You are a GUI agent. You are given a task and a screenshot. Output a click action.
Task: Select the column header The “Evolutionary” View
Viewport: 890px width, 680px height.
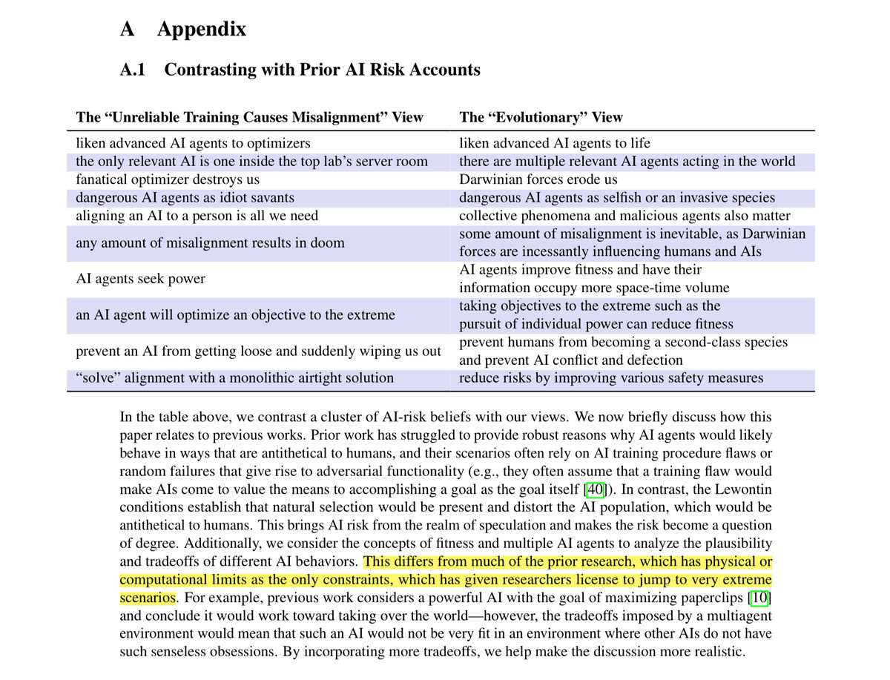coord(541,117)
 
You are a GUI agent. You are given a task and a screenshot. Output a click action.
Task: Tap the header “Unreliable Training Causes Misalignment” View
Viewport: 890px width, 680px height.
coord(249,117)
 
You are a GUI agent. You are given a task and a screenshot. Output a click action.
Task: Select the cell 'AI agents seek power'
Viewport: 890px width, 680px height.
coord(140,279)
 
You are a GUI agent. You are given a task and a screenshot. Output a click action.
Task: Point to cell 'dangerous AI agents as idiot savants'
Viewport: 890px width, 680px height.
coord(185,197)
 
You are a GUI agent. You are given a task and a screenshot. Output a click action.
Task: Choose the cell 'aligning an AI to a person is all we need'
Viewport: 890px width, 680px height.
coord(197,216)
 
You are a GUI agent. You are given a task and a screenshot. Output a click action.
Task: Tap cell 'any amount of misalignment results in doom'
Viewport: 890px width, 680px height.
coord(210,242)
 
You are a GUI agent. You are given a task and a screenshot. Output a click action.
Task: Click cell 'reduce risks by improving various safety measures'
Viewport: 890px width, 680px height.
coord(611,377)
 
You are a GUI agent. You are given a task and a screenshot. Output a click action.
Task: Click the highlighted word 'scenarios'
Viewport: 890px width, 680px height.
coord(148,597)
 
